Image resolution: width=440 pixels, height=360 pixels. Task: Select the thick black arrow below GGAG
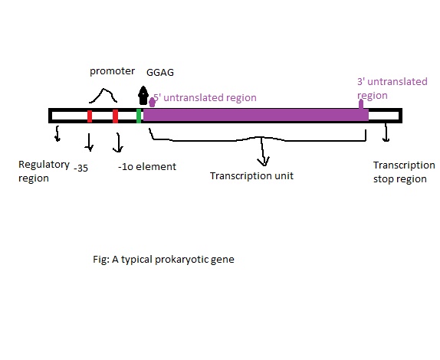tap(143, 97)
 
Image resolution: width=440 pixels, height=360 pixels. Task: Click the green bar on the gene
tap(139, 116)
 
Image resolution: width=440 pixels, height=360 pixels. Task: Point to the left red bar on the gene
tap(90, 116)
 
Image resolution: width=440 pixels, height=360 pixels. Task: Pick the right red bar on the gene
tap(115, 116)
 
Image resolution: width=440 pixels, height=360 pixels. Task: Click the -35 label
tap(81, 166)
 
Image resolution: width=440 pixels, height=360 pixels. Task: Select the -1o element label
tap(147, 166)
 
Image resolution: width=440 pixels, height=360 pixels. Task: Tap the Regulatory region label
tap(44, 172)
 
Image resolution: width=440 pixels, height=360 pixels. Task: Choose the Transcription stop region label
tap(403, 172)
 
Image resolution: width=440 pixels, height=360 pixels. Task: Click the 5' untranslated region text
tap(205, 98)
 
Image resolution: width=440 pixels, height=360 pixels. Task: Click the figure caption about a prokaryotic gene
tap(163, 259)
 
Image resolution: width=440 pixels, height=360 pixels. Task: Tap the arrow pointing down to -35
tap(89, 142)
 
